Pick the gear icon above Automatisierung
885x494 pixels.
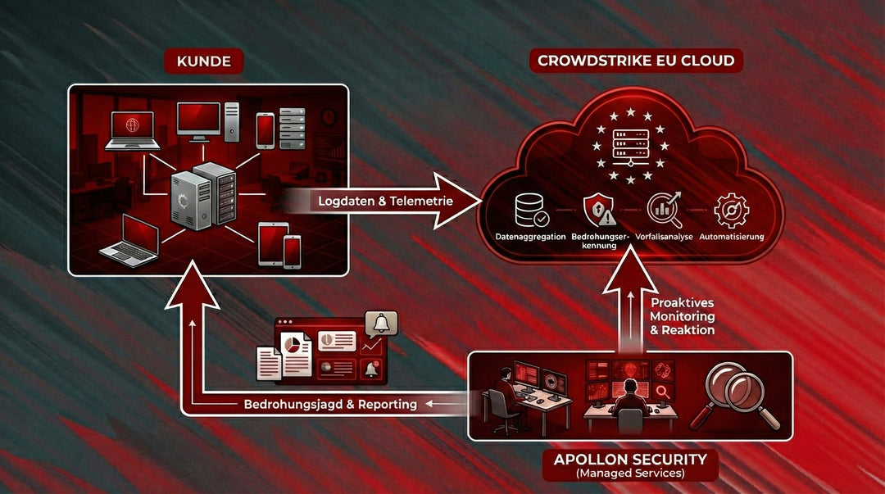(x=731, y=210)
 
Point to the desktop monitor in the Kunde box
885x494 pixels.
(x=199, y=120)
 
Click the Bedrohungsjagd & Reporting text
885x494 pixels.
(x=330, y=404)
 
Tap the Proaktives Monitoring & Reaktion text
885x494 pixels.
(x=682, y=316)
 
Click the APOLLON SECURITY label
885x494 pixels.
(x=630, y=459)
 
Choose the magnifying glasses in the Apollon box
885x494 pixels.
(x=742, y=394)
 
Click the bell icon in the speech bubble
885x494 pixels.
(x=380, y=323)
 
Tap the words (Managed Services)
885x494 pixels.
(x=630, y=474)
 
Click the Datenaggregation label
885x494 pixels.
(x=531, y=237)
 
